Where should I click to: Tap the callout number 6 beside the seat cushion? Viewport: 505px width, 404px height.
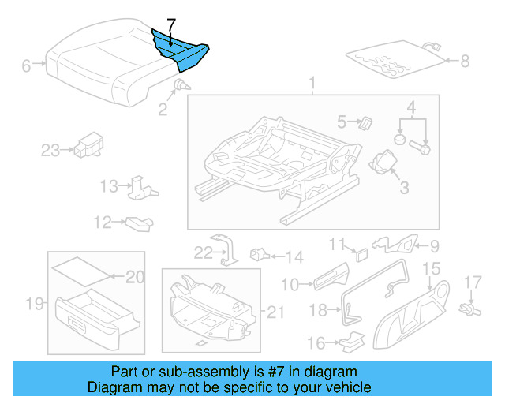(x=26, y=66)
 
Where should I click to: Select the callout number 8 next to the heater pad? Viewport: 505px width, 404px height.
(x=464, y=60)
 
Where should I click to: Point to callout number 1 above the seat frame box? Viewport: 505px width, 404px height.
(x=312, y=83)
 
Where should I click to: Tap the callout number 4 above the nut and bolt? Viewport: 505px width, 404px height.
(x=411, y=107)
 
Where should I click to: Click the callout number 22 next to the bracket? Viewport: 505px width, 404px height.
(x=204, y=252)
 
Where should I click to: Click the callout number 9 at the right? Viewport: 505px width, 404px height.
(x=433, y=246)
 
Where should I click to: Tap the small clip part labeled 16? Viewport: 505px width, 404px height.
(x=353, y=341)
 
